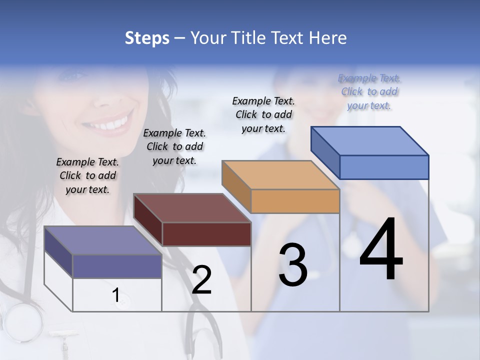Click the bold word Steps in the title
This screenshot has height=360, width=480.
coord(147,38)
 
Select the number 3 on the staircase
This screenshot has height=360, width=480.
coord(293,265)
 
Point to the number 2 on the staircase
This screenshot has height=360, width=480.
coord(201,280)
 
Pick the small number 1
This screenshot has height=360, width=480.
coord(116,295)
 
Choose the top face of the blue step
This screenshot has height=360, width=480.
coord(370,140)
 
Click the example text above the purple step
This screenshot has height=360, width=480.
coord(87,175)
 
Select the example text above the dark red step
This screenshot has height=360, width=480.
coord(174,146)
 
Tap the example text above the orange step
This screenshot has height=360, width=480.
coord(263,114)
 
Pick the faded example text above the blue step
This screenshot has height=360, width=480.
coord(369,91)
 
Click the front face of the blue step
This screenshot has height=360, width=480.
coord(384,167)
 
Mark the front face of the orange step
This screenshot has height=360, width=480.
coord(295,201)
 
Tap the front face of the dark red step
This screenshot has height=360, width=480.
coord(206,234)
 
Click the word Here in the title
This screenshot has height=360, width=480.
coord(327,38)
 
